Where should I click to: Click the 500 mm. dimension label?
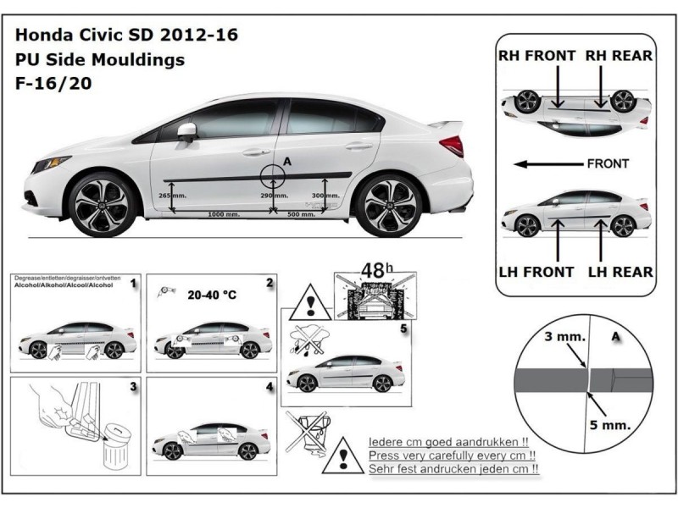point(301,215)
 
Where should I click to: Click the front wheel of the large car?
point(102,205)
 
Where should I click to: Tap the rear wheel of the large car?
point(389,205)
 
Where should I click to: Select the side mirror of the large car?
point(186,131)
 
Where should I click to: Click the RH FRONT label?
point(537,56)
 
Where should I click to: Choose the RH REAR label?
point(619,56)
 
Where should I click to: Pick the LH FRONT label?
point(536,272)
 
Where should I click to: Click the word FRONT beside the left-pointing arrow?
point(607,163)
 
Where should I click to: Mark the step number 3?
point(133,386)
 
